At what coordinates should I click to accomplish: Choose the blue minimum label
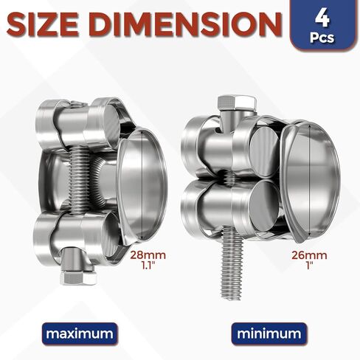click(270, 333)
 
